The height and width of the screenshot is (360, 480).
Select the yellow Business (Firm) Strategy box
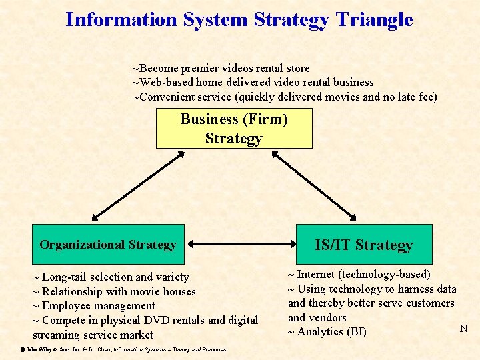point(234,129)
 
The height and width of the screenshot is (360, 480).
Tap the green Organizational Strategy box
point(108,245)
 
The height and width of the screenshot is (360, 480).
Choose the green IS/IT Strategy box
point(364,245)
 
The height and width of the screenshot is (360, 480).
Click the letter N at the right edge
point(464,328)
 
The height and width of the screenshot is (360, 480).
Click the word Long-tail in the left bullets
point(64,277)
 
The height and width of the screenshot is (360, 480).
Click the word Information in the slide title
point(121,20)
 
